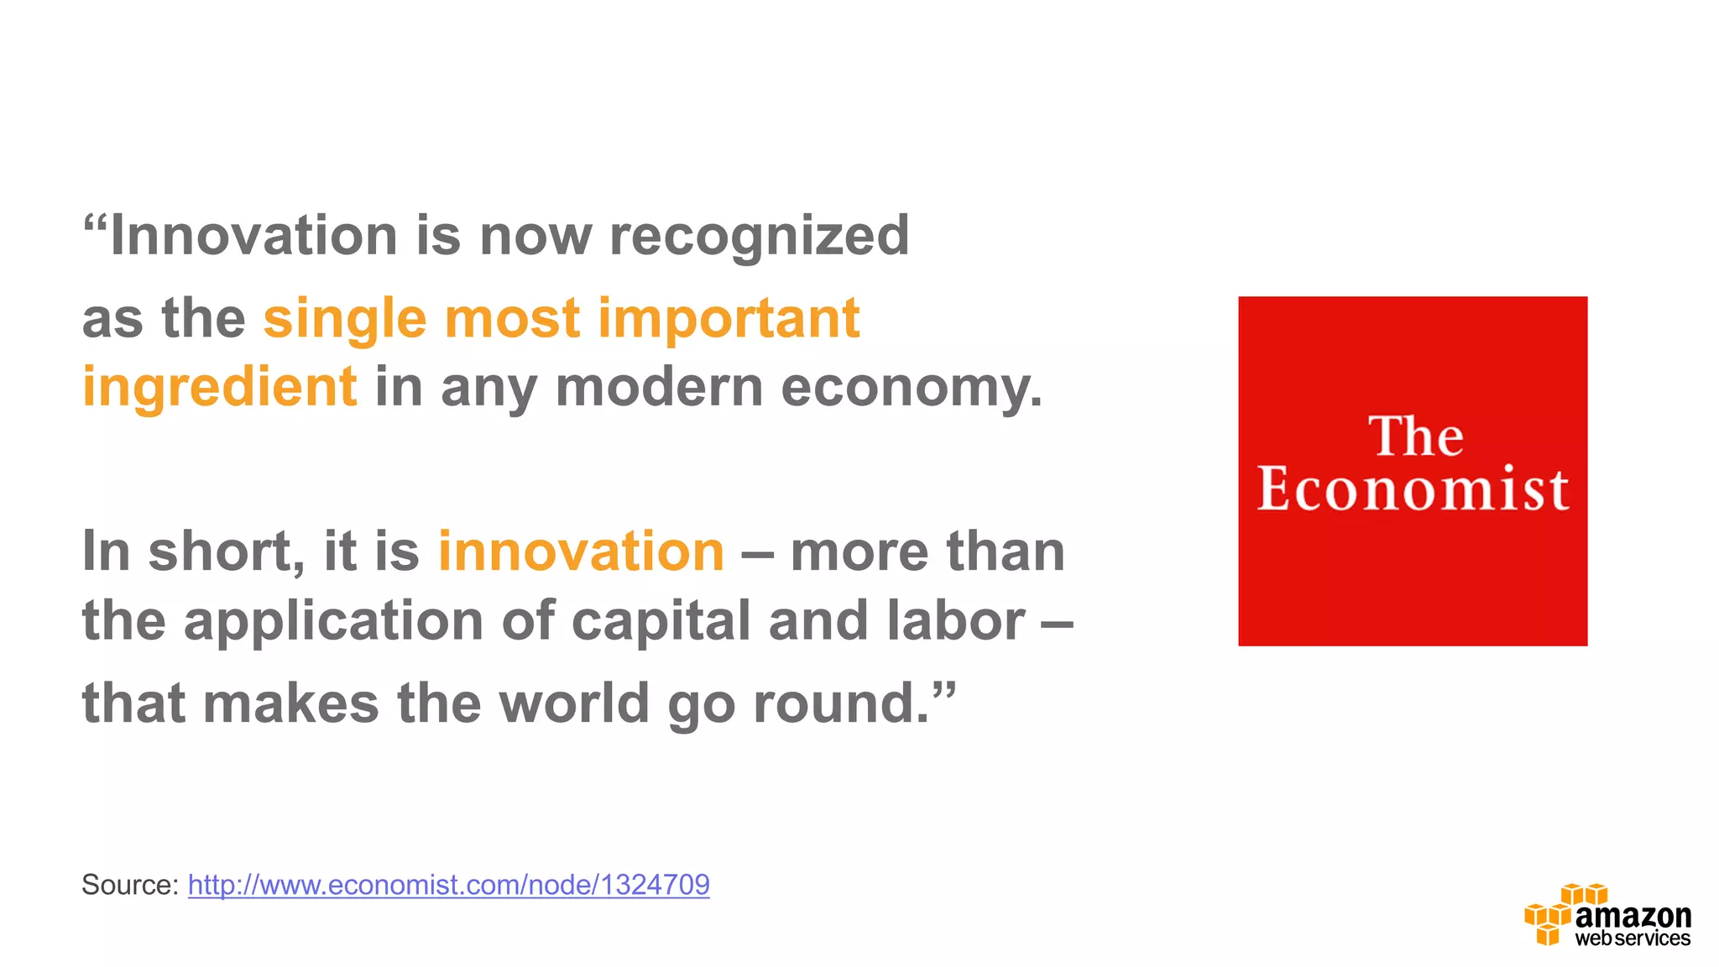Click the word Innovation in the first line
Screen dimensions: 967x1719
[x=254, y=236]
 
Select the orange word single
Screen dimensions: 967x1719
[x=345, y=320]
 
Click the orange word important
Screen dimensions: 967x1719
[x=729, y=320]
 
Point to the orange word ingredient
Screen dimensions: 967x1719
[x=220, y=388]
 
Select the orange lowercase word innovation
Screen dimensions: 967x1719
[x=581, y=552]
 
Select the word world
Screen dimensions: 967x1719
[x=574, y=703]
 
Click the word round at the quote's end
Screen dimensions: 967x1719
[x=842, y=703]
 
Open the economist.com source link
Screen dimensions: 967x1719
[x=448, y=885]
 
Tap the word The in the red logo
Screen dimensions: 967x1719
[x=1416, y=436]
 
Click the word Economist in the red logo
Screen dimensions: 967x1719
[x=1413, y=489]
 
